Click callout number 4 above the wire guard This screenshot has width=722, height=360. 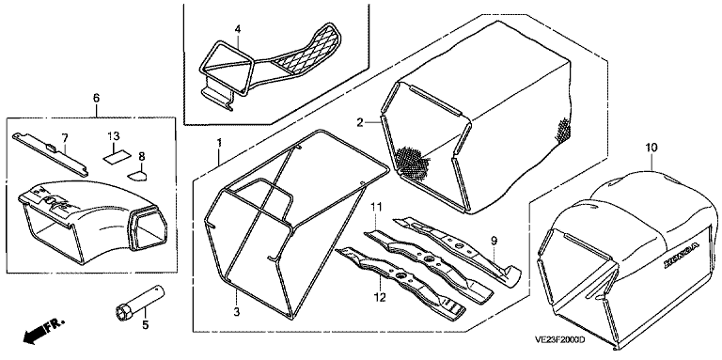tap(238, 29)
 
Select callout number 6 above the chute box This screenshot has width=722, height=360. tap(96, 98)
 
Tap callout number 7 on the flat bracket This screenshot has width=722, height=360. tap(65, 136)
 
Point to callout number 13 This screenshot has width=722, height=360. tap(113, 136)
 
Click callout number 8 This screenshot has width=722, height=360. tap(141, 156)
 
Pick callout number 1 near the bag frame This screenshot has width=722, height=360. tap(220, 143)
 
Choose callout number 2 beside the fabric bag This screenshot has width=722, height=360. tap(360, 122)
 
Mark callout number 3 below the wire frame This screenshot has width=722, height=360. tap(236, 312)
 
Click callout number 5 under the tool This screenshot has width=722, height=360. tap(146, 325)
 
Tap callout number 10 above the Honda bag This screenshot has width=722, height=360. tap(651, 148)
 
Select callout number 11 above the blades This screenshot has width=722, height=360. tap(377, 208)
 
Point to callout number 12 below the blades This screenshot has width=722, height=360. tap(379, 298)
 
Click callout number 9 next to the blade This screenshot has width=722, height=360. tap(494, 240)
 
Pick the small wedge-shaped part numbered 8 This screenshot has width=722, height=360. tap(137, 175)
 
